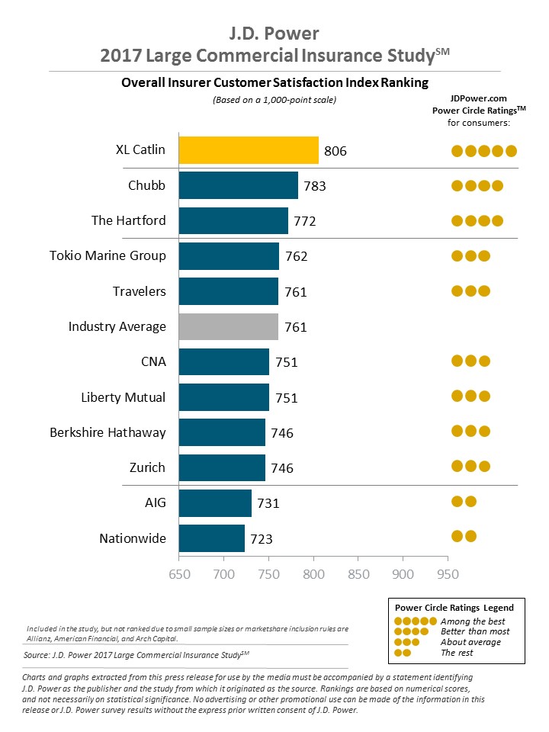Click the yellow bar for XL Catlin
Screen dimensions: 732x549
[x=249, y=150]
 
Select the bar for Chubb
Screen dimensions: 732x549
[x=238, y=185]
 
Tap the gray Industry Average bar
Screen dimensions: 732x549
[x=228, y=326]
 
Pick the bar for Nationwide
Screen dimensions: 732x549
[x=211, y=538]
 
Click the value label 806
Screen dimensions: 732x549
[x=335, y=151]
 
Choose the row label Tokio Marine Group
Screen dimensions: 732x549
[x=108, y=255]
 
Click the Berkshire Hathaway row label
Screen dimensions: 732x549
[x=108, y=432]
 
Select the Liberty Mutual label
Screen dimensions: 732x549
[x=124, y=397]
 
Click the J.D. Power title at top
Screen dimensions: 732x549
[x=275, y=34]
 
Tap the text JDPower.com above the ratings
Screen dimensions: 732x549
[x=478, y=98]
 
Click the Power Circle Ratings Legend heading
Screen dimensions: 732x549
[x=454, y=608]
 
